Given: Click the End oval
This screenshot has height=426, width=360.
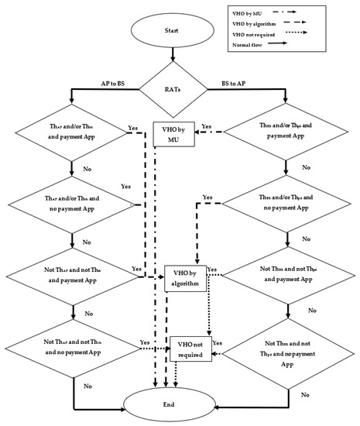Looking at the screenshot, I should coord(180,402).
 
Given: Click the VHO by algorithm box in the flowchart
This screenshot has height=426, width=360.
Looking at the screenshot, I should coord(187,280).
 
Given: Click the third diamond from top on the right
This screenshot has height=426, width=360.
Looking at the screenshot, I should coord(288,280).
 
